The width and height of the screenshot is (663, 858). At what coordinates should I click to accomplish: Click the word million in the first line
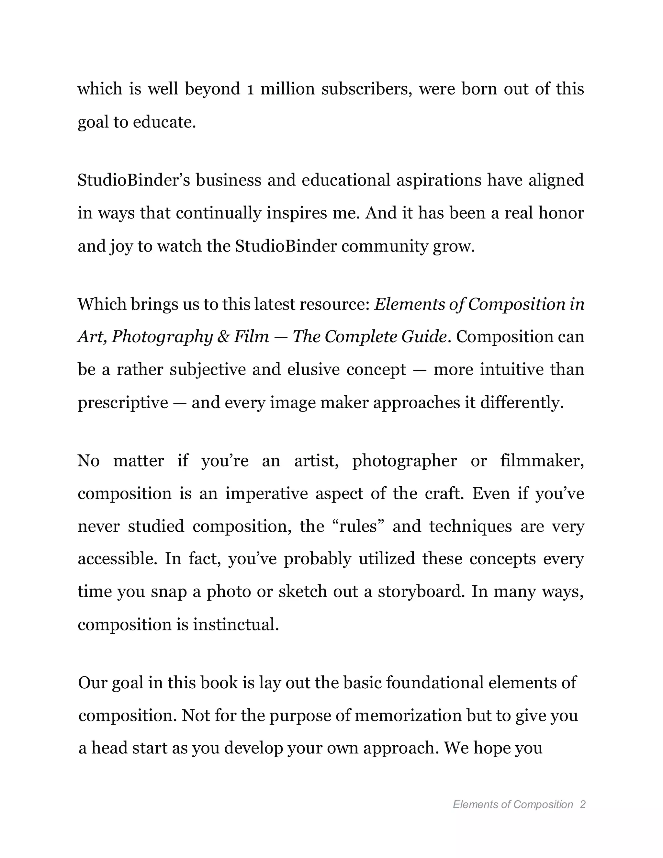(287, 89)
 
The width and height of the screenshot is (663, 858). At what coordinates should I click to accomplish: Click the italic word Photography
(162, 337)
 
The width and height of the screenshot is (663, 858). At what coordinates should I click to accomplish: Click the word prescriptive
(123, 403)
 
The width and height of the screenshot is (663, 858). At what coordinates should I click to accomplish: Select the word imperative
(267, 493)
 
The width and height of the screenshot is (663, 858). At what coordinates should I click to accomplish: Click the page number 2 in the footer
(582, 805)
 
